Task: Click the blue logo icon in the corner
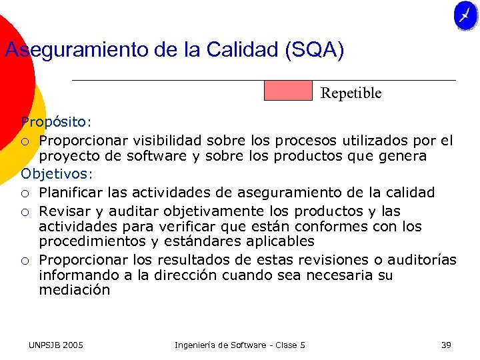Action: click(x=466, y=16)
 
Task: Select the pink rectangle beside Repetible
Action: click(x=288, y=91)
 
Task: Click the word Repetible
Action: click(x=351, y=93)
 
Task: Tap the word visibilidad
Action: click(x=167, y=140)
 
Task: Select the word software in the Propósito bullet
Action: click(x=139, y=157)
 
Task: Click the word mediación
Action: click(x=74, y=291)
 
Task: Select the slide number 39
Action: click(x=446, y=345)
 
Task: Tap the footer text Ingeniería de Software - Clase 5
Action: click(x=239, y=345)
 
